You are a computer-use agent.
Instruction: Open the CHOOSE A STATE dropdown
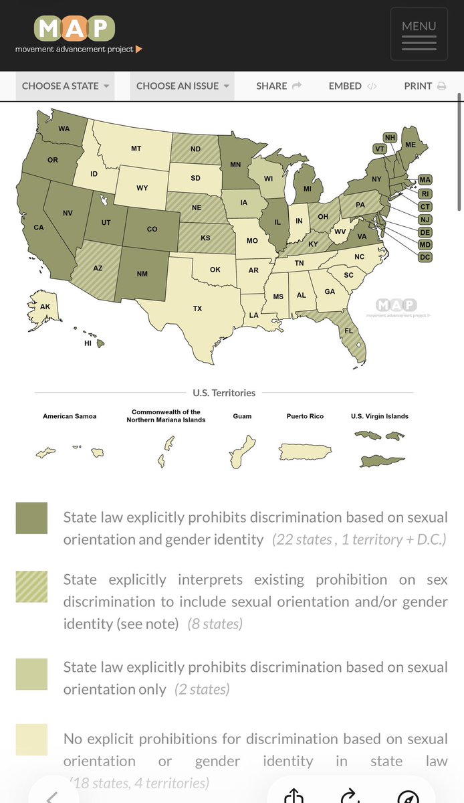pos(65,86)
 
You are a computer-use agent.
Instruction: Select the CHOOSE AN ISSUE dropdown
pos(182,86)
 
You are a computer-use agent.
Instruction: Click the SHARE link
pos(279,86)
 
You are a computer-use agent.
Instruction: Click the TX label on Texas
pos(198,308)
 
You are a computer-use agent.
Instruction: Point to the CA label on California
pos(39,228)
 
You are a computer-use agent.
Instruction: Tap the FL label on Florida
pos(349,331)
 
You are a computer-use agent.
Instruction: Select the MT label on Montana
pos(136,149)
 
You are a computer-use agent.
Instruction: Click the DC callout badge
pos(425,258)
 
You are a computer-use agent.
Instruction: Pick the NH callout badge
pos(390,138)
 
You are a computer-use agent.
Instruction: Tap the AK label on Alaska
pos(45,306)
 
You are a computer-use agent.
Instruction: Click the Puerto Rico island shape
pos(306,452)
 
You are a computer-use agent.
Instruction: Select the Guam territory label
pos(242,416)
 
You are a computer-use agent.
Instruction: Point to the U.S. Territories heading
pos(223,393)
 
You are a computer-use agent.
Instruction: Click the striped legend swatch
pos(31,587)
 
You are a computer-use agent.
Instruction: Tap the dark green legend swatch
pos(31,518)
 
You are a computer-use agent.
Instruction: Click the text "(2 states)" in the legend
pos(202,689)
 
